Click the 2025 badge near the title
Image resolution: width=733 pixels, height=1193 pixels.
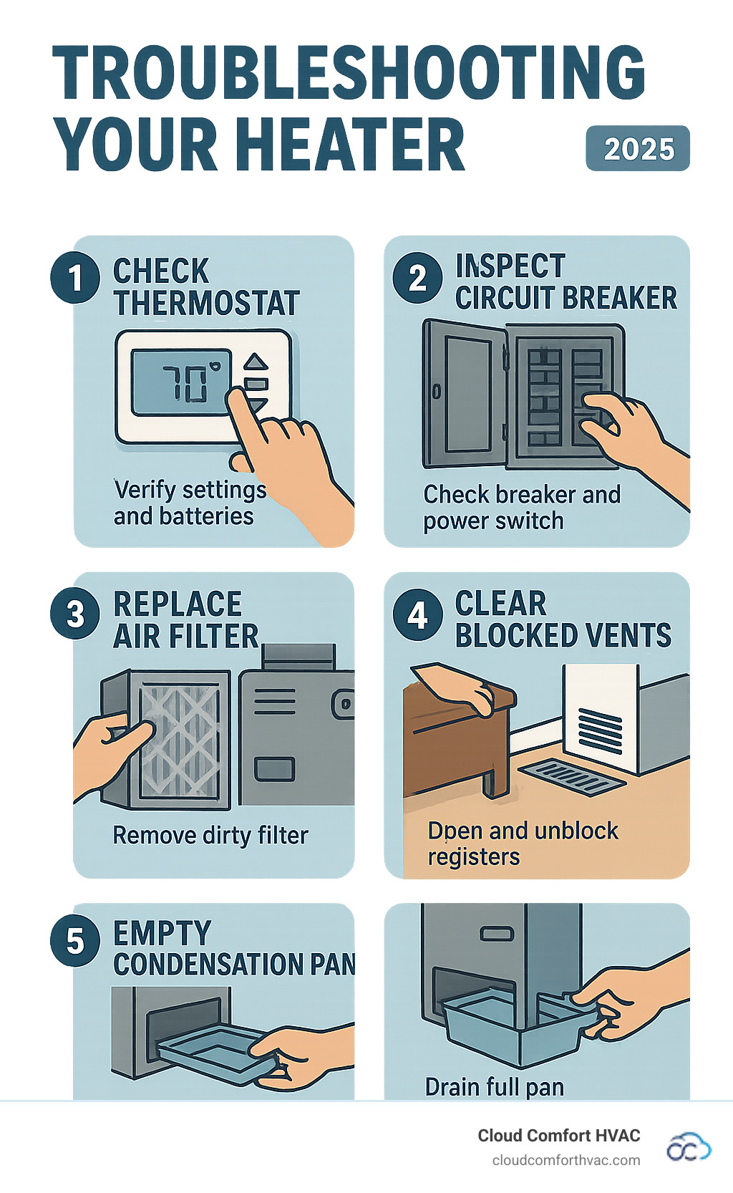637,149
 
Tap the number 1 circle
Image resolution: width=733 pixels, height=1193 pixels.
74,278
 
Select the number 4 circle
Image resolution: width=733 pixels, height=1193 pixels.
417,614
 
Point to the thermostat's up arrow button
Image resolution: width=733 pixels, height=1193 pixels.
256,362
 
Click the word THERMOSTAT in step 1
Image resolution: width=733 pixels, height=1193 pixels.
206,303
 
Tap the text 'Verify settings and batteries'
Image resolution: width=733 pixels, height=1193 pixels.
188,503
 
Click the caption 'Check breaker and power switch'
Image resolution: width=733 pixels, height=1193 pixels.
521,507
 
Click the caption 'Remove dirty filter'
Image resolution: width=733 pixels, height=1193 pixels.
210,835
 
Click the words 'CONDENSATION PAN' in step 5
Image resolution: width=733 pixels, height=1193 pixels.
233,964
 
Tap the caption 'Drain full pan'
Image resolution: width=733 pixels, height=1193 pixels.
494,1086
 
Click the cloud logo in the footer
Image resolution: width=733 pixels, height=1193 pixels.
688,1147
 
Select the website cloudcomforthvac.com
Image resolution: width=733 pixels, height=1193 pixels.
565,1160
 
